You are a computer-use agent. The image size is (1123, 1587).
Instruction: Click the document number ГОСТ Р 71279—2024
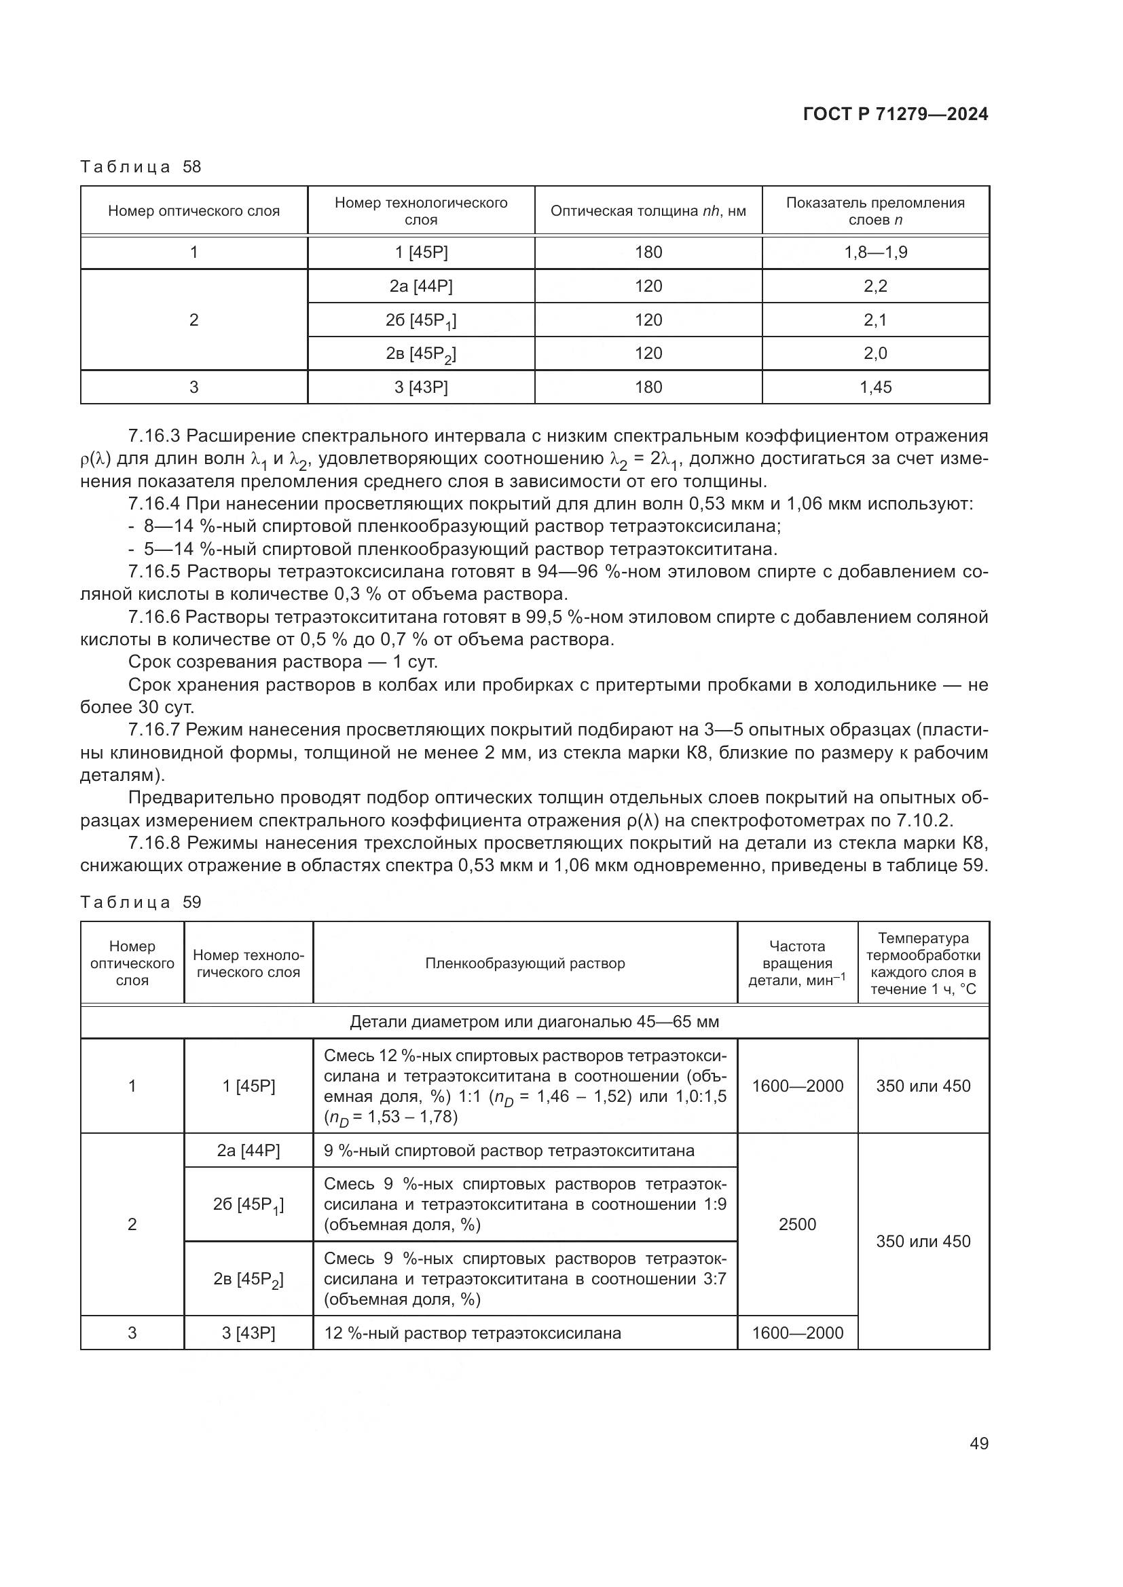tap(896, 115)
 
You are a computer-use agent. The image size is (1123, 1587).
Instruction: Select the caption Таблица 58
tap(141, 167)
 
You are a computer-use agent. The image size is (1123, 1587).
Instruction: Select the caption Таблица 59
tap(141, 902)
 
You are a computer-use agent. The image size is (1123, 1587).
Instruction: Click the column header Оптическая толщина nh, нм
tap(648, 211)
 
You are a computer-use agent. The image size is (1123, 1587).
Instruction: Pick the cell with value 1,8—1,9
tap(875, 252)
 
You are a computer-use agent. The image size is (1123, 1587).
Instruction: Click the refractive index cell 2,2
tap(875, 286)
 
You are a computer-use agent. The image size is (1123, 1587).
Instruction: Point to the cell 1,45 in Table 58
tap(875, 387)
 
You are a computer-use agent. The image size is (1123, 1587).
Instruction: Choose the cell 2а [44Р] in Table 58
tap(420, 286)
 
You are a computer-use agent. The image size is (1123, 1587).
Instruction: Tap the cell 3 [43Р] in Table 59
tap(248, 1333)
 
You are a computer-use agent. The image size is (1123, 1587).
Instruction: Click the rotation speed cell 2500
tap(797, 1224)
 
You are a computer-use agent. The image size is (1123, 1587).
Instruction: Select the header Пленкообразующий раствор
tap(525, 963)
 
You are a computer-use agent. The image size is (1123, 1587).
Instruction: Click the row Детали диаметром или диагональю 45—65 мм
tap(534, 1022)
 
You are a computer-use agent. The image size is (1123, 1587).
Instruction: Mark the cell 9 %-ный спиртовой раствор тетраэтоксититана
tap(509, 1151)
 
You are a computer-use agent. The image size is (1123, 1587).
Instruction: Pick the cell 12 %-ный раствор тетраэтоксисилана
tap(473, 1333)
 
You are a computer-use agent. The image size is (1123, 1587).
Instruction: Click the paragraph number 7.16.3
tap(154, 436)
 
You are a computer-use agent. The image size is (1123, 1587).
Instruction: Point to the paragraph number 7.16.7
tap(154, 730)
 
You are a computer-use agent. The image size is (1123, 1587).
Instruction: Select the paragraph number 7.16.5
tap(154, 571)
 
